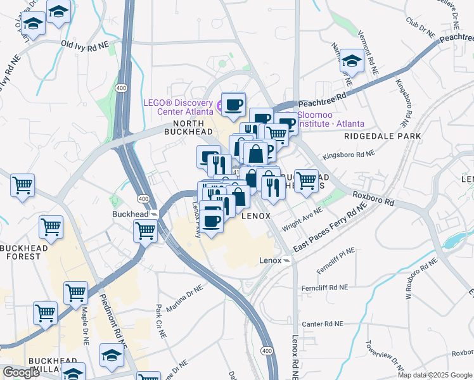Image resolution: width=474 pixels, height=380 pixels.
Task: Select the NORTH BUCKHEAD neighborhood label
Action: coord(184,127)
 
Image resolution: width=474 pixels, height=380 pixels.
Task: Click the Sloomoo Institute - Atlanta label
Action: coord(331,119)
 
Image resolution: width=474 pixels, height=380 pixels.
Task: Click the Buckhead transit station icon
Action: coord(154,214)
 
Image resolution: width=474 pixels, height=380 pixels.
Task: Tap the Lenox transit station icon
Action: coord(287,260)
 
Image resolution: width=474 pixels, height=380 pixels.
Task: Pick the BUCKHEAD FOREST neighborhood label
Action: coord(24,252)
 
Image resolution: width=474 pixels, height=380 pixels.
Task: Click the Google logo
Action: coord(21,372)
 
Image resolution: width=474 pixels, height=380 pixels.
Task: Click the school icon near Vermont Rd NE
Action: coord(350,62)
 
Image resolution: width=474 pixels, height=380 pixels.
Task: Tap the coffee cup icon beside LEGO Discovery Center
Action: coord(233,103)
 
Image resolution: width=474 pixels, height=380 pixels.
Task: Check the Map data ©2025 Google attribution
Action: coord(435,375)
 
